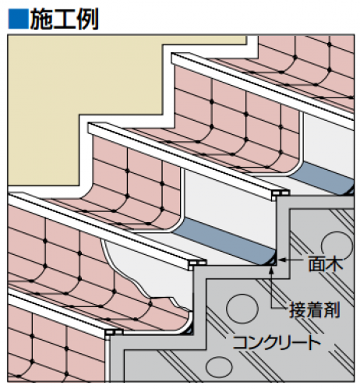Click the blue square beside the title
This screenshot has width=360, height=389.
18,19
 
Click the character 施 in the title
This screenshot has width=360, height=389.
41,19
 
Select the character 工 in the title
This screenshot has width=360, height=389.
65,19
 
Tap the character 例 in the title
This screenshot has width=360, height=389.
87,19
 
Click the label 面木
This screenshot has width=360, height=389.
326,263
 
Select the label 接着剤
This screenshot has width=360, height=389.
315,309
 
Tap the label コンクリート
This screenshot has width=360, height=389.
277,342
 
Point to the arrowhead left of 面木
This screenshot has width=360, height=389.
281,260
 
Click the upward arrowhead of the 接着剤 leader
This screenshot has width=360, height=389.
271,270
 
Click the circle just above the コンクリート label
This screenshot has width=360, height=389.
242,309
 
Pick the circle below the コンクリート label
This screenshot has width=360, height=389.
219,367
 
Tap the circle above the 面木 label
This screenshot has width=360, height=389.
337,246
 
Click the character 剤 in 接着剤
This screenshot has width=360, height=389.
332,309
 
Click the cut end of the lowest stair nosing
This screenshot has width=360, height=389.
114,333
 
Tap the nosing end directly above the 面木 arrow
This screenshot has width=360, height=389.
281,193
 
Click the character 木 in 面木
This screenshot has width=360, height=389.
334,263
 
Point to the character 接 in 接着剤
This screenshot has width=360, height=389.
298,309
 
